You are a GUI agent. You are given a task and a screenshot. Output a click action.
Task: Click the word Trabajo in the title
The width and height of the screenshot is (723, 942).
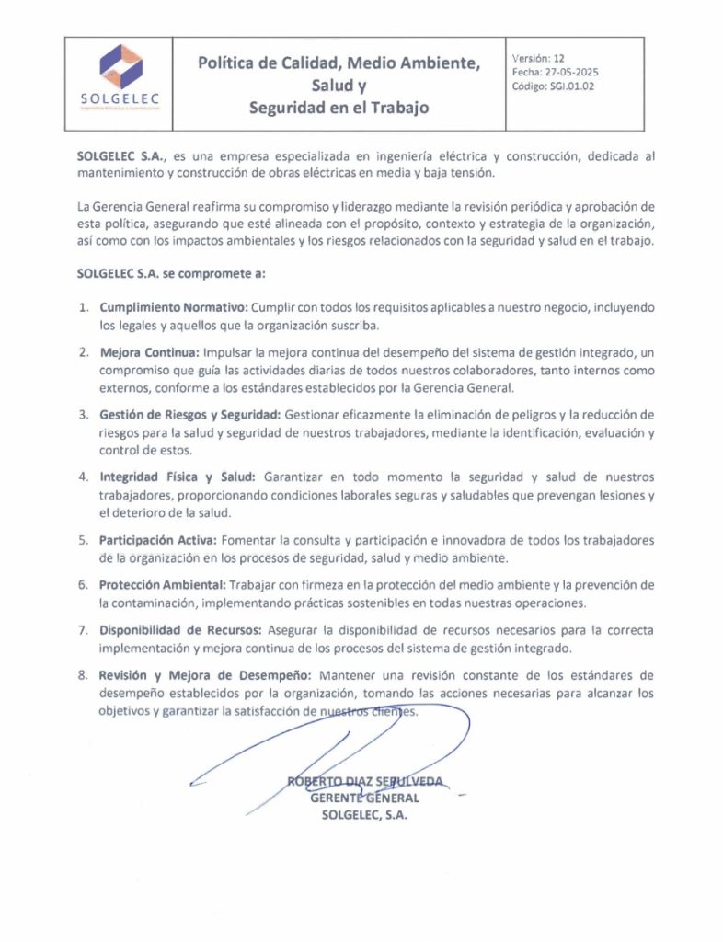click(x=397, y=108)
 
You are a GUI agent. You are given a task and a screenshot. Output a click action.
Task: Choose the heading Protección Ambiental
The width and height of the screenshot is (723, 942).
click(x=162, y=585)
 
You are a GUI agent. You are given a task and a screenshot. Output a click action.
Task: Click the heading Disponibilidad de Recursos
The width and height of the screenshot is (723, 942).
click(x=181, y=630)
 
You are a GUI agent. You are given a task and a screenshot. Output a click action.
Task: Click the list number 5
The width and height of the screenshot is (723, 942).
click(x=83, y=539)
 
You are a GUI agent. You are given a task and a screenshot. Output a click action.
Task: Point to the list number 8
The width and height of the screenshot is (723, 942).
click(x=83, y=676)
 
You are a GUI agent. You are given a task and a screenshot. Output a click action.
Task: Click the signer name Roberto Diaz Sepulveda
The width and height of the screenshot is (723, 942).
click(x=365, y=782)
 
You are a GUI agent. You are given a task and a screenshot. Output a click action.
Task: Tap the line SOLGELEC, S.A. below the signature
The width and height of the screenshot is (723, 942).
click(x=364, y=814)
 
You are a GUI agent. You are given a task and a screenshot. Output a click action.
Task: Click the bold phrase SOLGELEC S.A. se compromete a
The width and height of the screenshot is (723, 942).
click(x=172, y=274)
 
